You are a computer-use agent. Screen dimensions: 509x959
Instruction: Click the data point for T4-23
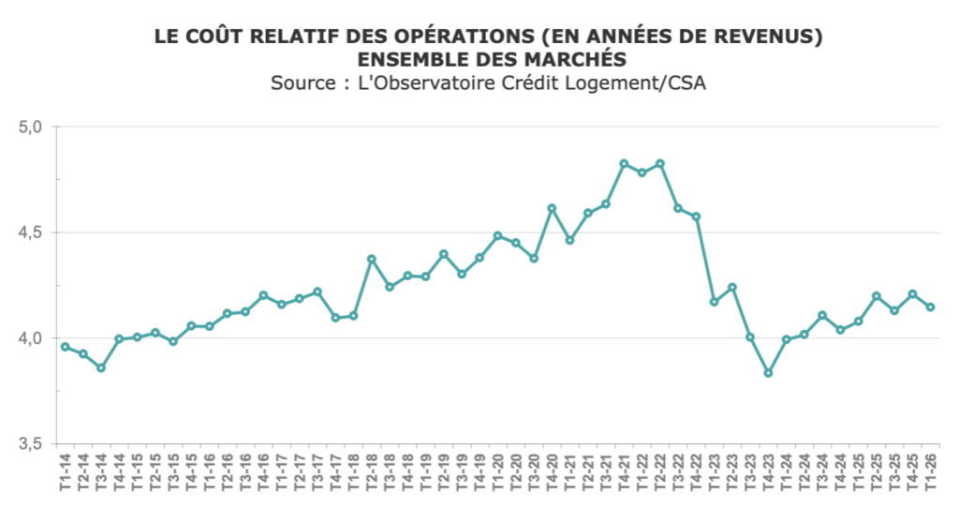coord(768,373)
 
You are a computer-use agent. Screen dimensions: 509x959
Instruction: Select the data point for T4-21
coord(624,164)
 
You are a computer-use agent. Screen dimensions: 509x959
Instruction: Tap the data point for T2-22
coord(660,164)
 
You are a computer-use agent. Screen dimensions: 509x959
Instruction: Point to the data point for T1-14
coord(65,347)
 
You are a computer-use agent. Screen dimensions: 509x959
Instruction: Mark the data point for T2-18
coord(371,259)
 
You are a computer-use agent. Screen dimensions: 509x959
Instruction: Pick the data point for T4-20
coord(552,208)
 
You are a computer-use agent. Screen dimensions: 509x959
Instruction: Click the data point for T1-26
coord(930,307)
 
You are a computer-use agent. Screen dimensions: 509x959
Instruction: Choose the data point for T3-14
coord(101,368)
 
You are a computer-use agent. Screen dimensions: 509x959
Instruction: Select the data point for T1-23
coord(714,302)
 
